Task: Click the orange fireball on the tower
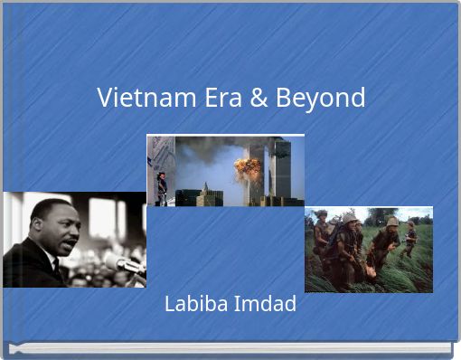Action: (247, 167)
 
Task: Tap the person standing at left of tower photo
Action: (162, 187)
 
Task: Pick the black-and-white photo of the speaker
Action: (73, 240)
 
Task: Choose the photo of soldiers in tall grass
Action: (368, 250)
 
